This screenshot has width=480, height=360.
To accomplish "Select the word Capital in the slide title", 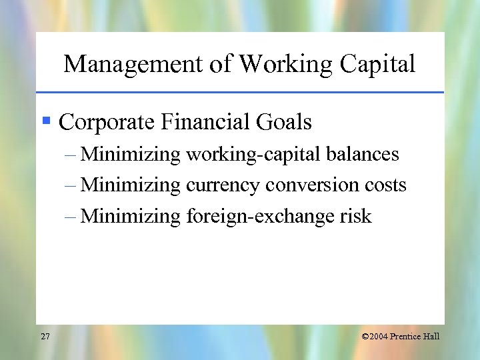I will [x=377, y=64].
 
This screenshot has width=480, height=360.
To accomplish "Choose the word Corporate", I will [x=106, y=123].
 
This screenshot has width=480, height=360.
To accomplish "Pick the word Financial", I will [x=205, y=123].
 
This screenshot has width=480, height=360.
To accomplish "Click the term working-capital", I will [x=255, y=155].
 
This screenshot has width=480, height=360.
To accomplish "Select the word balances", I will [x=363, y=155].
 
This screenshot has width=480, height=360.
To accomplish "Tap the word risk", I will [x=355, y=216].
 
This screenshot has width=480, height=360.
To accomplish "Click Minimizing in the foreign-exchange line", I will [x=130, y=216].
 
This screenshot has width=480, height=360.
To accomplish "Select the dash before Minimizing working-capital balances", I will [x=71, y=155].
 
